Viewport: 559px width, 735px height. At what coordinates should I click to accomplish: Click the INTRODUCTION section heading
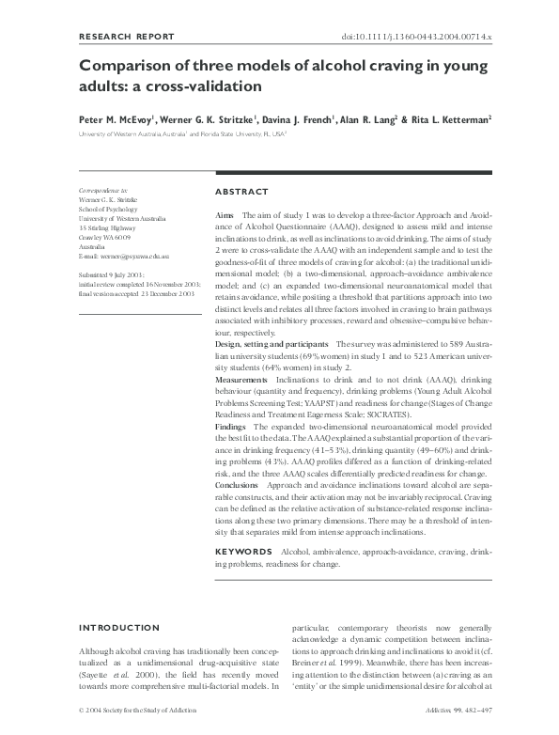coord(119,628)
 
